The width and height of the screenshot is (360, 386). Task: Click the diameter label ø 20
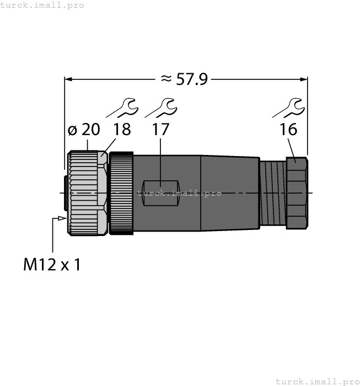click(83, 130)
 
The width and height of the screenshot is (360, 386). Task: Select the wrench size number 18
click(122, 130)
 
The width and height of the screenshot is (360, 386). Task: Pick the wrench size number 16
click(288, 130)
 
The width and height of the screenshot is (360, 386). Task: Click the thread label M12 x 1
click(52, 265)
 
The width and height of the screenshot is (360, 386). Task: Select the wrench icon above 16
click(288, 108)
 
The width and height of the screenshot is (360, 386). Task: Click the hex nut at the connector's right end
click(296, 193)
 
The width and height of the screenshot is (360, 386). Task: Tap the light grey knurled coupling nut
click(86, 193)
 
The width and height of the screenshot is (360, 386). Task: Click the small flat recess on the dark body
click(159, 193)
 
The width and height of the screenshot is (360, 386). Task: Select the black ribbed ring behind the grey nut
click(121, 193)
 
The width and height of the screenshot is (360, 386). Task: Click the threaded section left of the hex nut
click(273, 193)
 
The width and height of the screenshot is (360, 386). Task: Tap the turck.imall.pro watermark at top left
click(42, 5)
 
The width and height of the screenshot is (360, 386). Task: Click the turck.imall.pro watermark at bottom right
click(317, 381)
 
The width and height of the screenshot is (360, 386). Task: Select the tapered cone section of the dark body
click(229, 193)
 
